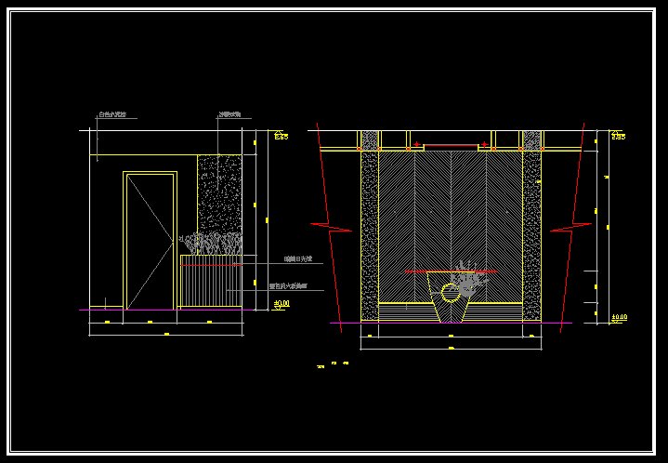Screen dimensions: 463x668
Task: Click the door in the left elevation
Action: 150,240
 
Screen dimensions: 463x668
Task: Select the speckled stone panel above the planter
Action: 219,195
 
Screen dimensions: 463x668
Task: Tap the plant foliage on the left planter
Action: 211,245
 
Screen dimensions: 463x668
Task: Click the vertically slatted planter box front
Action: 210,286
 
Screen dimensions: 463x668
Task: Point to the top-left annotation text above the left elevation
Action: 112,116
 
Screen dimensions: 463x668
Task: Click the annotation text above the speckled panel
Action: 229,115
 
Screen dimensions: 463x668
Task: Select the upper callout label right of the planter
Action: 297,259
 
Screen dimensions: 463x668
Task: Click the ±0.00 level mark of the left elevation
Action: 282,303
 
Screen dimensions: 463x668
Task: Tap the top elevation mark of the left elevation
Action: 281,137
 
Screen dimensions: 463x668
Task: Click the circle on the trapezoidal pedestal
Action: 451,295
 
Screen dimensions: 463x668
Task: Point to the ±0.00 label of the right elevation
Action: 619,317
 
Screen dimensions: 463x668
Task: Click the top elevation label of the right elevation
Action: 619,137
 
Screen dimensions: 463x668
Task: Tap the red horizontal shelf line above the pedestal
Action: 450,271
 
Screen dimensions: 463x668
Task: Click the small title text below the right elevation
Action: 333,366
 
